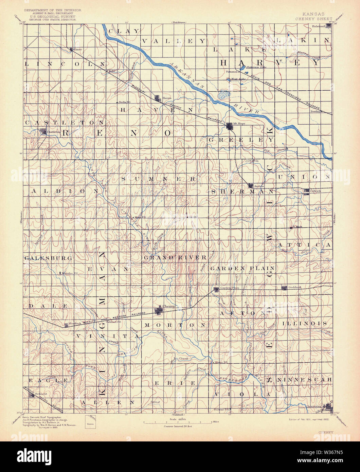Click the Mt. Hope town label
click(239, 124)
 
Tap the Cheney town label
click(169, 306)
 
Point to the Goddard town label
click(295, 287)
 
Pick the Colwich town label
click(316, 191)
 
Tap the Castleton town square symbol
click(43, 131)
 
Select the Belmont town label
click(41, 394)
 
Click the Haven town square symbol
click(157, 98)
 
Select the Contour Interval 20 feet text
click(178, 426)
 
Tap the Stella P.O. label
click(124, 102)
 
